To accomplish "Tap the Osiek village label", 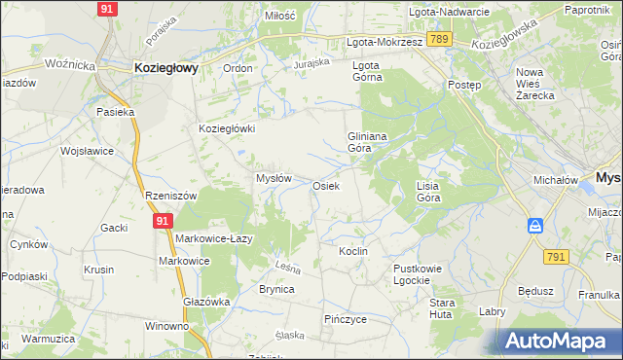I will (x=325, y=185).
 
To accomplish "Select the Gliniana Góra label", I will (x=368, y=143).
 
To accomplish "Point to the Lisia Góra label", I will (x=428, y=191).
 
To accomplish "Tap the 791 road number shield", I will (x=556, y=256).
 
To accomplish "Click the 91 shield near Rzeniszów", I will (x=163, y=222).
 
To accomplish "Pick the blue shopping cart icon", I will (x=535, y=226).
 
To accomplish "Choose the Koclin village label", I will (x=352, y=251).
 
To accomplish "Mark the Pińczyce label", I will (x=345, y=318).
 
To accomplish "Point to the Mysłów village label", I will (x=274, y=178).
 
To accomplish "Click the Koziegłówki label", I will (x=227, y=128).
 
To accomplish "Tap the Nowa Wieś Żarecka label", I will (x=534, y=85).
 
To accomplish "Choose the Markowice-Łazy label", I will (x=214, y=238).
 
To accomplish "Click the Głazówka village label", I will (x=206, y=302).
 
